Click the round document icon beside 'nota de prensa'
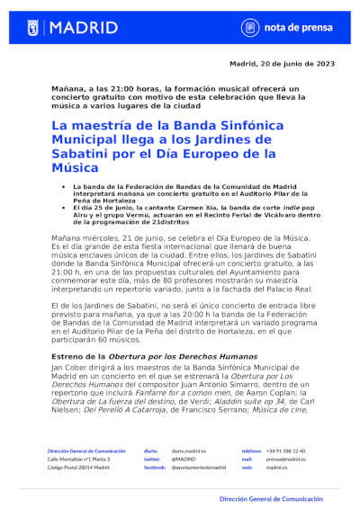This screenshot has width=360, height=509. tap(251, 27)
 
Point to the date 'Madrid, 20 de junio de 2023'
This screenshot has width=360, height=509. tap(282, 64)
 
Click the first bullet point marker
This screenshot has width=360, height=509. tap(62, 186)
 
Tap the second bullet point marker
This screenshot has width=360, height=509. tap(62, 207)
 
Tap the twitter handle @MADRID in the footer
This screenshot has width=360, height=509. tap(183, 459)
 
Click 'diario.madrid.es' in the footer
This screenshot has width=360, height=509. tap(188, 451)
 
